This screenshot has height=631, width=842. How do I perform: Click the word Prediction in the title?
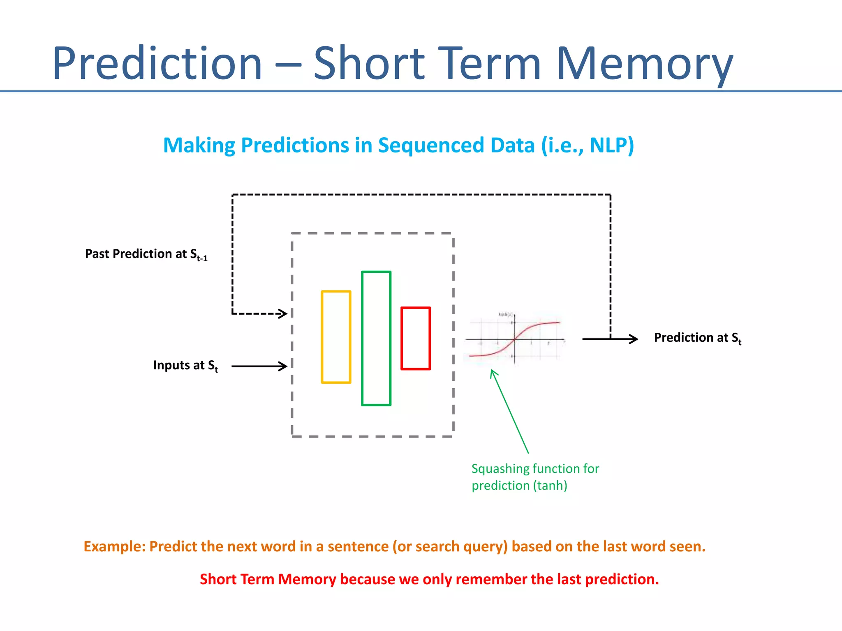pyautogui.click(x=157, y=63)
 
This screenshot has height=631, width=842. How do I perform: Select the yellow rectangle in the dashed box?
pyautogui.click(x=336, y=337)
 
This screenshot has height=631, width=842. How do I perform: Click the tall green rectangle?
pyautogui.click(x=376, y=338)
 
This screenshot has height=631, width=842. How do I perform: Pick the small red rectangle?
pyautogui.click(x=416, y=338)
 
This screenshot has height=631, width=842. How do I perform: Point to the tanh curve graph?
pyautogui.click(x=515, y=339)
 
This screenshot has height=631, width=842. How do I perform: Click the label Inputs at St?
pyautogui.click(x=185, y=365)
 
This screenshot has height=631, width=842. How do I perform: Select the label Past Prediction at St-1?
pyautogui.click(x=146, y=254)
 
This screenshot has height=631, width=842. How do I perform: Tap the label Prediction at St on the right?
pyautogui.click(x=697, y=338)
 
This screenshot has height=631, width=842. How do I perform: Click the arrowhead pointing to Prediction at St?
pyautogui.click(x=634, y=339)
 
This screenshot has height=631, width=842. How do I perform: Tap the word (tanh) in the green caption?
pyautogui.click(x=550, y=486)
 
